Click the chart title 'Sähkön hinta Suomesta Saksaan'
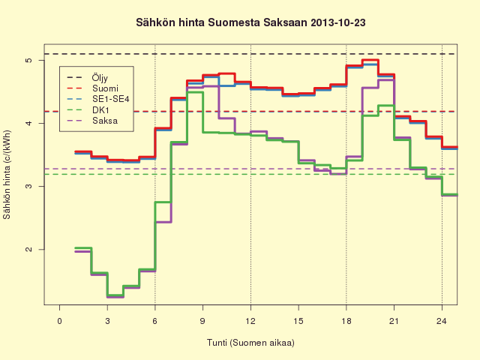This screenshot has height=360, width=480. coord(222,22)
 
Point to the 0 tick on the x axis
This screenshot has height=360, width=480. coord(60,321)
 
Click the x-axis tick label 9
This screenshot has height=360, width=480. coord(202,321)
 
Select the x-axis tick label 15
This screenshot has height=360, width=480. coord(298,321)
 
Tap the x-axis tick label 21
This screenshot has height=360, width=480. coord(394,321)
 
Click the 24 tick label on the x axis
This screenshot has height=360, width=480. coord(442,321)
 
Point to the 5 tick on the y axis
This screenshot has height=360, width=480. coord(28,60)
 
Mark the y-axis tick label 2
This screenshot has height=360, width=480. coord(28,250)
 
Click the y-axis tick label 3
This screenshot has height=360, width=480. coord(28,187)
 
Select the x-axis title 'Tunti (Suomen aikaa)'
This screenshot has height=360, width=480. coord(250,343)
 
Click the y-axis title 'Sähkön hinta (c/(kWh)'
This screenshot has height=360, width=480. coord(7,175)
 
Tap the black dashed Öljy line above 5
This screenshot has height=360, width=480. coord(250,54)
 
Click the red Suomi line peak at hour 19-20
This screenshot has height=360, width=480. coord(370,60)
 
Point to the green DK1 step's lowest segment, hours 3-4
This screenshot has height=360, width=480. coord(115,295)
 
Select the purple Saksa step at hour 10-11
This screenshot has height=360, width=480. coord(226,118)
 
